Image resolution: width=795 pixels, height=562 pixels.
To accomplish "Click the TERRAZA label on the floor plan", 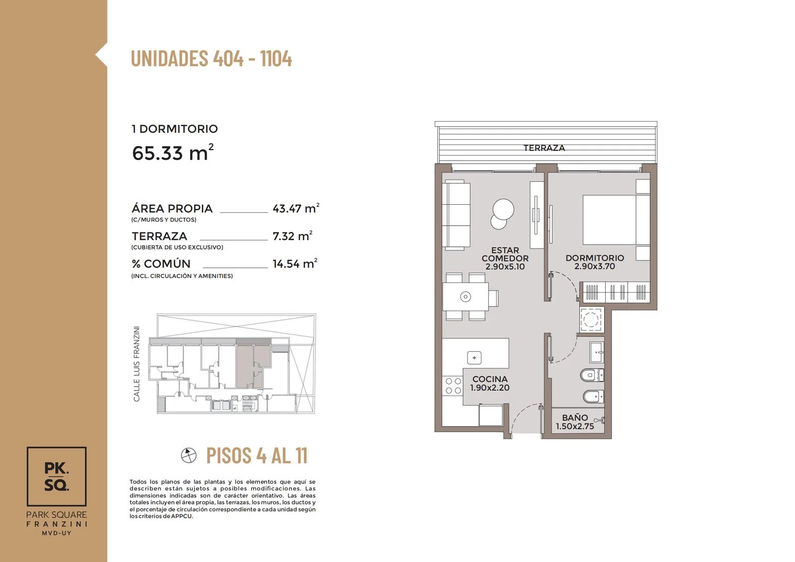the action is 544,148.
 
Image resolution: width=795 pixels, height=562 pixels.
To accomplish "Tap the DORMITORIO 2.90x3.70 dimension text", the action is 594,266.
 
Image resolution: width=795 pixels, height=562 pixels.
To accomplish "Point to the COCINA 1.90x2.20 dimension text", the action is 490,388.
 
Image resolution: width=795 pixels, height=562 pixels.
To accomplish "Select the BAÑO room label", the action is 575,417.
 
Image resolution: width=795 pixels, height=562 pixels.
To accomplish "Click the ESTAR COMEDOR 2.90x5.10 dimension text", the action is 505,267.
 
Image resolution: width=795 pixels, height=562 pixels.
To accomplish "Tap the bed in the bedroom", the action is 616,220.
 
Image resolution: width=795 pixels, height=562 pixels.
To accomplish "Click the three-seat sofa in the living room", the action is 457,215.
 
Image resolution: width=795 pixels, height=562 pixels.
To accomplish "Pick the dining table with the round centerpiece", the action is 465,297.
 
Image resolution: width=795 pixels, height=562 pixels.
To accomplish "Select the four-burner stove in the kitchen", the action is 453,386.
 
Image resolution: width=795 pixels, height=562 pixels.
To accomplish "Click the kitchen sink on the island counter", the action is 474,357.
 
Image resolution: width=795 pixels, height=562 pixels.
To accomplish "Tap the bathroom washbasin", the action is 597,352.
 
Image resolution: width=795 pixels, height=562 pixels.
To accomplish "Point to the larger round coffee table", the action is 503,210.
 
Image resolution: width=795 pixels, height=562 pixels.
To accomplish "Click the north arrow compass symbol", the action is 188,455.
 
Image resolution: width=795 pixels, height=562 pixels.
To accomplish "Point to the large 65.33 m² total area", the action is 173,153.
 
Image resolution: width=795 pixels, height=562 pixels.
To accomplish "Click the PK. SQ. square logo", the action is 57,477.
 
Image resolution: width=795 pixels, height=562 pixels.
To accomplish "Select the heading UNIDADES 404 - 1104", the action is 212,58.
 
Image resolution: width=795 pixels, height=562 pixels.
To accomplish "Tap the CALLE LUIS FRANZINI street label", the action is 136,364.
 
